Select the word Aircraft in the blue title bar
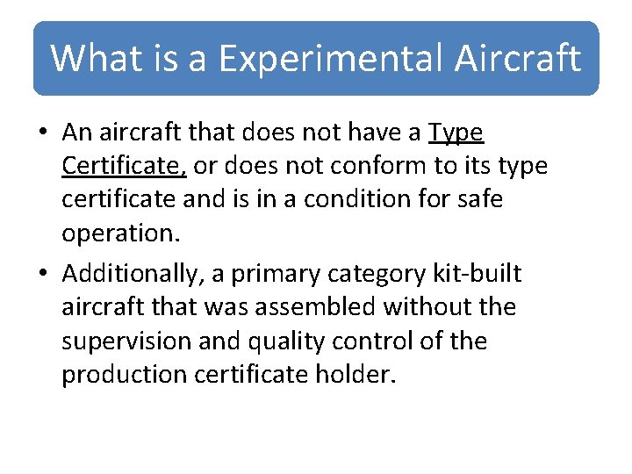518,58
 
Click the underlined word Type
456,133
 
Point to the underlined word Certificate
124,166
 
